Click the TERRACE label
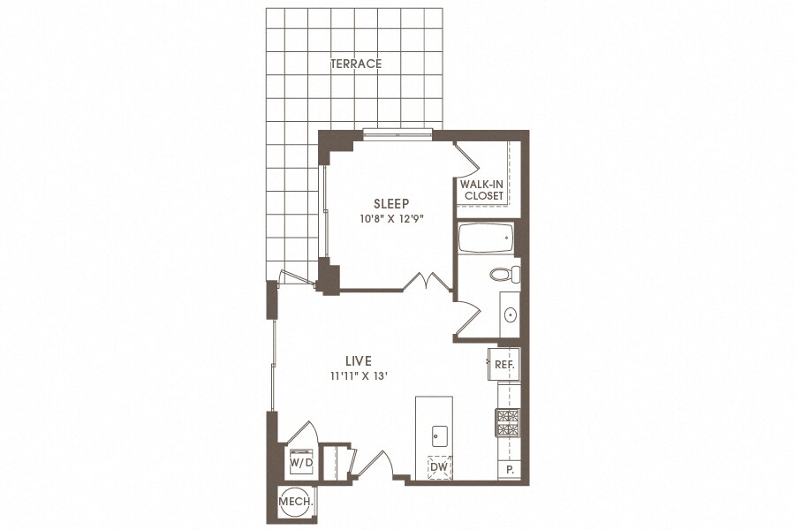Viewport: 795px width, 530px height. (356, 64)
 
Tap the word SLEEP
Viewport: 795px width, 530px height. (391, 204)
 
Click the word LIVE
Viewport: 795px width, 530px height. (359, 361)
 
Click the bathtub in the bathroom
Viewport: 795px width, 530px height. (486, 238)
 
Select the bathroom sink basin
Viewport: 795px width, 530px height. (510, 315)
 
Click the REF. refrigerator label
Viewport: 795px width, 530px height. (504, 364)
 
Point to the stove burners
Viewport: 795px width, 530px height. (507, 422)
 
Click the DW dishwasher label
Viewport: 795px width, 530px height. (438, 466)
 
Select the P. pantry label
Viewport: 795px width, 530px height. (510, 470)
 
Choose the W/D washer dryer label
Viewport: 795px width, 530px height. (301, 463)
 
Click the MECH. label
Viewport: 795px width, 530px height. (296, 502)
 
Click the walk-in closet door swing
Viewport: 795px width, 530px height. (466, 158)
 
